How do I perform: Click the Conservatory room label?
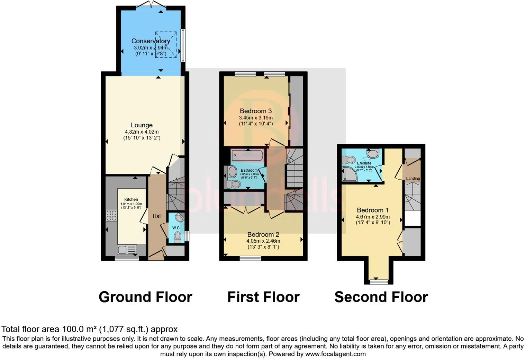pos(151,41)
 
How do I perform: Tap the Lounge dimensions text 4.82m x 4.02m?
pos(142,132)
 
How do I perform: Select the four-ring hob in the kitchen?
pos(111,216)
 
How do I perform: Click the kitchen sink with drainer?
pos(127,249)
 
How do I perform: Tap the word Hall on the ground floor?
pos(157,216)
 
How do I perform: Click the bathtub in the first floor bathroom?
pos(247,155)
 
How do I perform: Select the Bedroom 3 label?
pos(256,111)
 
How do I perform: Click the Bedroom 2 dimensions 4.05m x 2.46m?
pos(263,241)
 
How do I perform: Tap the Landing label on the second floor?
pos(413,179)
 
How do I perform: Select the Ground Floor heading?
pos(145,297)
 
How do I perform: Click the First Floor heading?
pos(263,297)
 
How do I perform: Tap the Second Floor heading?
pos(381,297)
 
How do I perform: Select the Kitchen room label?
pos(131,199)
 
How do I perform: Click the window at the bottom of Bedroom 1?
pos(379,282)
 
